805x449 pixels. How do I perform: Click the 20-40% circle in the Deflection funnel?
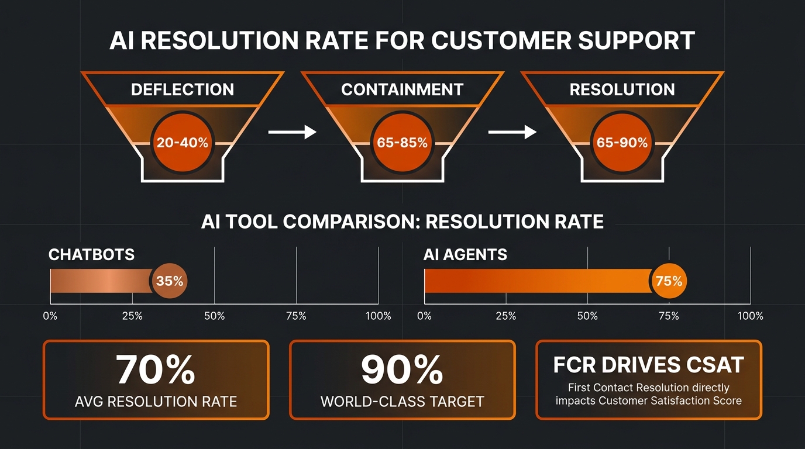click(183, 143)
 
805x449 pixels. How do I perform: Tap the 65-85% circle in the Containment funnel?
click(402, 143)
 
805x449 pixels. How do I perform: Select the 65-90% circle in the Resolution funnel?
click(622, 143)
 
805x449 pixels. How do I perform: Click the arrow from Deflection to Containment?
click(292, 132)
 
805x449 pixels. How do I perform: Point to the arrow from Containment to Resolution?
click(512, 132)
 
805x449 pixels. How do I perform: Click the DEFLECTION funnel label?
click(183, 89)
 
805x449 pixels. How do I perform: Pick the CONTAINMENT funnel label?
click(402, 89)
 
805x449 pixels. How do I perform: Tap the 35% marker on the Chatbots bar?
click(170, 281)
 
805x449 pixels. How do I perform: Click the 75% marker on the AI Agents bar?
click(669, 281)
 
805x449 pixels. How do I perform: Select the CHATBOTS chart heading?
click(91, 255)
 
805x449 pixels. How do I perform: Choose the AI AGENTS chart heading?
click(465, 255)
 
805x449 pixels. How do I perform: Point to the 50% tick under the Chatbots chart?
click(215, 316)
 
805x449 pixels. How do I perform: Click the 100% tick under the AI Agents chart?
click(751, 316)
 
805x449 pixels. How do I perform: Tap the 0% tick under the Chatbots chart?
click(50, 316)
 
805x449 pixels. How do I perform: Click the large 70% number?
click(155, 369)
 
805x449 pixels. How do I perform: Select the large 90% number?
click(402, 369)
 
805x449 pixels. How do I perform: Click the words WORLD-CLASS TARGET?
click(402, 402)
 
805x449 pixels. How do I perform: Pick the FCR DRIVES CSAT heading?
click(649, 365)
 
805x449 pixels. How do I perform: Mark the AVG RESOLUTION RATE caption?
click(156, 402)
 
